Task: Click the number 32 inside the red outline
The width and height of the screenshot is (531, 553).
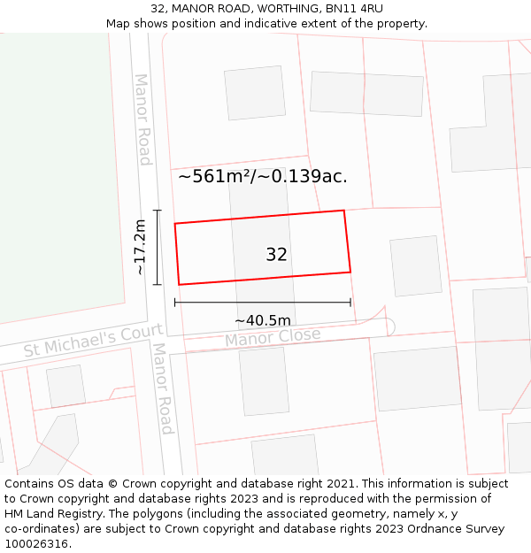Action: tap(276, 255)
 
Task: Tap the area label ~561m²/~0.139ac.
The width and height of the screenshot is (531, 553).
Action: tap(262, 176)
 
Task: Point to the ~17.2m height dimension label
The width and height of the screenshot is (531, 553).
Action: tap(140, 248)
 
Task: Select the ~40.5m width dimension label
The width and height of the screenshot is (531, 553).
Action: tap(263, 320)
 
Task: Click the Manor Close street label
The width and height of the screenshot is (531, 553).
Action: tap(273, 338)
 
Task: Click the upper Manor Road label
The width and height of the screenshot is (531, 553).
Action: tap(142, 119)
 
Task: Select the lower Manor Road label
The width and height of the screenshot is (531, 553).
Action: tap(162, 389)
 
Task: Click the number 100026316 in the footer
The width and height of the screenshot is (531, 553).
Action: tap(38, 544)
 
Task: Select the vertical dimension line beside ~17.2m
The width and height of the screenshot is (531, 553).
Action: tap(158, 247)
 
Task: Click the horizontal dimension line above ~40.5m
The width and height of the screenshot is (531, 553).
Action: tap(263, 303)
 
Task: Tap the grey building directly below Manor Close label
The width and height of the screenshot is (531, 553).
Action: tap(264, 380)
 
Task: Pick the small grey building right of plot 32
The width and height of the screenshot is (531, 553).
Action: tap(415, 265)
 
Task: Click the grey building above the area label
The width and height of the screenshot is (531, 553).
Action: tap(254, 92)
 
